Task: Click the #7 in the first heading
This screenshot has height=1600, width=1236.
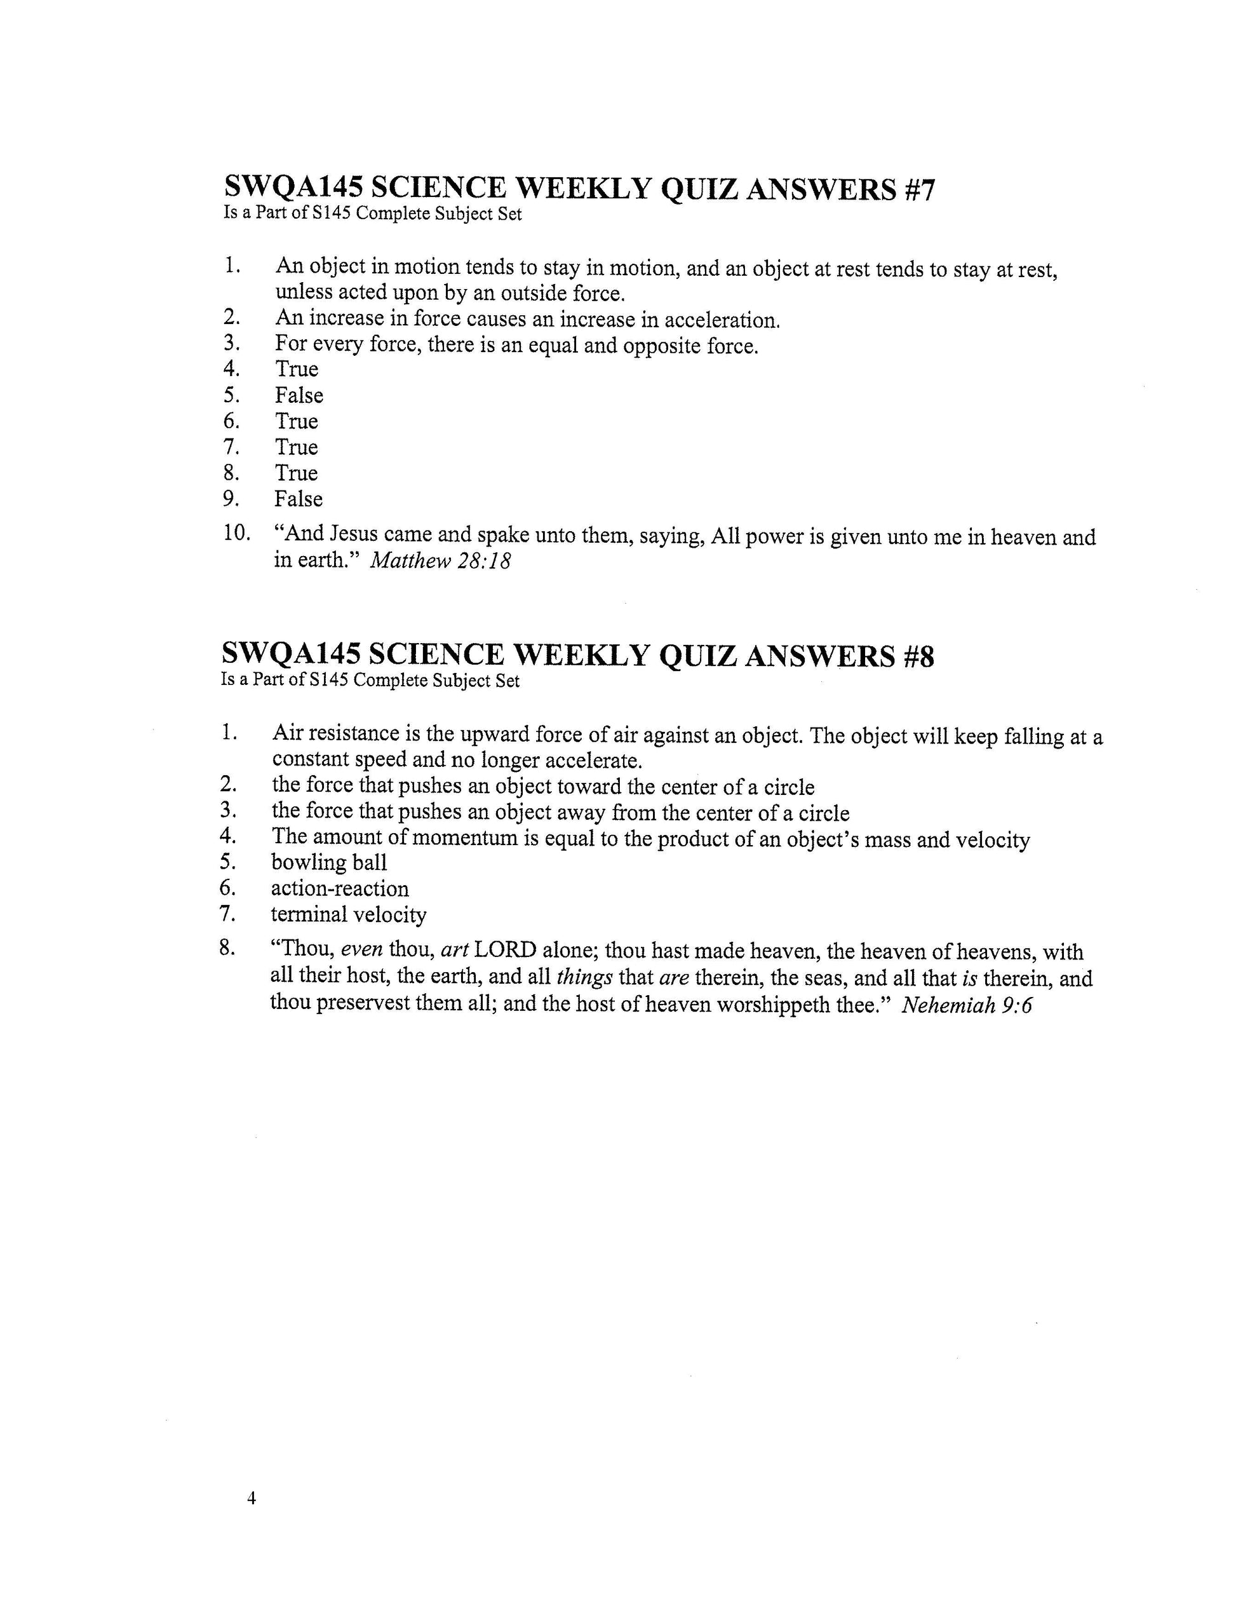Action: click(915, 190)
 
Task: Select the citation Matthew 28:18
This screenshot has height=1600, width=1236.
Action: click(440, 561)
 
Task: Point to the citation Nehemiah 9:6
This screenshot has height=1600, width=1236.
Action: click(967, 1005)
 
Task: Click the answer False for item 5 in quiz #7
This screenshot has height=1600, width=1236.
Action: click(299, 396)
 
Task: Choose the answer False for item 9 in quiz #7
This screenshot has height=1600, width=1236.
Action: click(298, 499)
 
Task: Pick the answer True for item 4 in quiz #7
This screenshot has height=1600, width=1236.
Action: click(297, 369)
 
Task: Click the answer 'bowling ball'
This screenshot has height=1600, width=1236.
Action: click(329, 862)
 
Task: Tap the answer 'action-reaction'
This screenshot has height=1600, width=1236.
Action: click(340, 889)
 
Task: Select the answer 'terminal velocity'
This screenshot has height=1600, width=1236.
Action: click(349, 914)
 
